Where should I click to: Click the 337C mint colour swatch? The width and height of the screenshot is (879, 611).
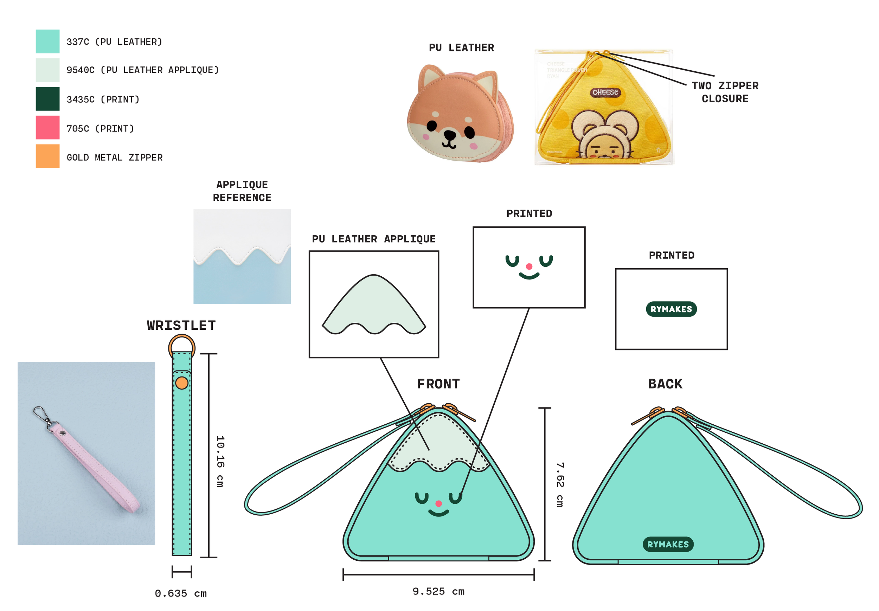pyautogui.click(x=47, y=41)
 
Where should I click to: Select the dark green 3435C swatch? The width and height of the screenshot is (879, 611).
pyautogui.click(x=47, y=99)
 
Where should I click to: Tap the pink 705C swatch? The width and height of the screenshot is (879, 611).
pyautogui.click(x=47, y=128)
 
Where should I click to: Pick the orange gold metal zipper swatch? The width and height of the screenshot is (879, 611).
pyautogui.click(x=47, y=156)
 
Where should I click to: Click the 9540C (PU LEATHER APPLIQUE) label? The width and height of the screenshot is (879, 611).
pyautogui.click(x=142, y=70)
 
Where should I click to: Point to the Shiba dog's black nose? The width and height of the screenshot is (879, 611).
pyautogui.click(x=449, y=135)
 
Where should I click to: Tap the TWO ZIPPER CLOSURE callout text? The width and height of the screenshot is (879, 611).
pyautogui.click(x=725, y=92)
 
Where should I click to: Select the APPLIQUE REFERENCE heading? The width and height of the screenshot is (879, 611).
pyautogui.click(x=242, y=191)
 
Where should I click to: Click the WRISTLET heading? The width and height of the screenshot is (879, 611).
pyautogui.click(x=181, y=326)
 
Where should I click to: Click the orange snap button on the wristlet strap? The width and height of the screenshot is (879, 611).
pyautogui.click(x=182, y=383)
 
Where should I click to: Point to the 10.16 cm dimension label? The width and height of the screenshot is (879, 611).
pyautogui.click(x=220, y=461)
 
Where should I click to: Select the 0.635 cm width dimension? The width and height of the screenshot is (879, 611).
pyautogui.click(x=181, y=594)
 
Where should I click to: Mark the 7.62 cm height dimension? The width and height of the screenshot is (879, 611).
pyautogui.click(x=560, y=485)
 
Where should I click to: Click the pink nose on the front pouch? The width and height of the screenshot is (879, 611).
pyautogui.click(x=439, y=504)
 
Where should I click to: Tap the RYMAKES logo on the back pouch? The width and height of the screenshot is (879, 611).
pyautogui.click(x=668, y=545)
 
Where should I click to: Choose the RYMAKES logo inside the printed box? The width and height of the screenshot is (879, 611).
pyautogui.click(x=671, y=309)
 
